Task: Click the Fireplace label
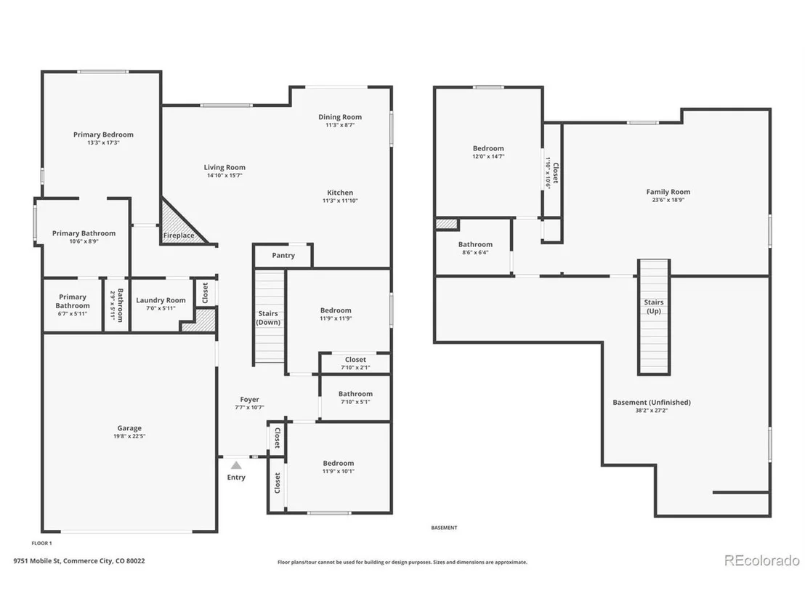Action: (179, 235)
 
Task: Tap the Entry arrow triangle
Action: (235, 465)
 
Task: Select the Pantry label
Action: (283, 255)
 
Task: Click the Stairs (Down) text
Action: (268, 318)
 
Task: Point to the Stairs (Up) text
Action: (654, 307)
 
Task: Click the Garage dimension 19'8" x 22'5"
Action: (129, 436)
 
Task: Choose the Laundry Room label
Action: (161, 300)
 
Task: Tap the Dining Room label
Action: (340, 117)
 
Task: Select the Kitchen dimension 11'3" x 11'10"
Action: (340, 201)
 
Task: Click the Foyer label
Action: (249, 399)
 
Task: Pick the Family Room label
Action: (668, 192)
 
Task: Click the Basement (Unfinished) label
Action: (652, 402)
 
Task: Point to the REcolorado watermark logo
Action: (762, 560)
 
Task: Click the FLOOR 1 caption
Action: (41, 543)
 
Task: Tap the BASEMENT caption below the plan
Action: (444, 528)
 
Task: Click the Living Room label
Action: (224, 167)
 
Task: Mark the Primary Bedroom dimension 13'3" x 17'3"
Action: (103, 142)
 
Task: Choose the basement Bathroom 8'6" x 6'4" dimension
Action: (475, 253)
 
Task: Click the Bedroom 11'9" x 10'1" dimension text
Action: (339, 471)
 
